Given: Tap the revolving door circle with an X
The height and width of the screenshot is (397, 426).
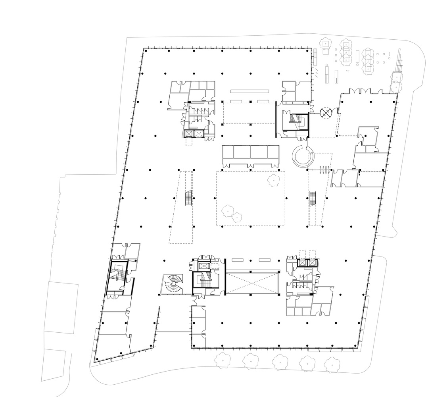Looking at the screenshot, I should [x=326, y=113].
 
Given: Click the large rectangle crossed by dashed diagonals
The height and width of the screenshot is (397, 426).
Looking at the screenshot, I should [x=252, y=283].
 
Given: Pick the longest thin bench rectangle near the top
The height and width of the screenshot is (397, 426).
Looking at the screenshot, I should [x=250, y=91].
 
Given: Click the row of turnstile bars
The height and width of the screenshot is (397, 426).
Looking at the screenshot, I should [x=324, y=170].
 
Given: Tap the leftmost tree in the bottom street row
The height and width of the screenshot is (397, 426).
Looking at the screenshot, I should [x=223, y=361].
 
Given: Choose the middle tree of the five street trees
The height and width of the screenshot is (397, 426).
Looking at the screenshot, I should [x=279, y=362].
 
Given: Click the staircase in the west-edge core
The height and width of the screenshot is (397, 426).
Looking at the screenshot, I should [x=117, y=275].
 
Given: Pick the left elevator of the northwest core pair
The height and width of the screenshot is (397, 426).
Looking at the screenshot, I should [x=188, y=133].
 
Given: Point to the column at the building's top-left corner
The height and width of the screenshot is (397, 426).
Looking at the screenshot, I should [x=146, y=51].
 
